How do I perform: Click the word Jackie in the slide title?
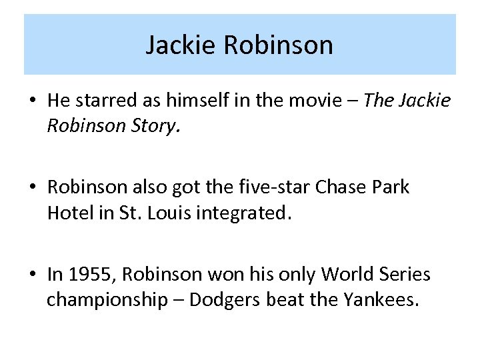click(x=181, y=45)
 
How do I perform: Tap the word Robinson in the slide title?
click(x=278, y=45)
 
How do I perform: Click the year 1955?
click(x=85, y=274)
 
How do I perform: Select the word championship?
click(x=107, y=301)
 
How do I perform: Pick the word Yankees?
click(x=382, y=301)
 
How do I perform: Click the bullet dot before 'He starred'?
click(x=33, y=101)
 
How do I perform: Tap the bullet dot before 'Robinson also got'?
click(x=33, y=188)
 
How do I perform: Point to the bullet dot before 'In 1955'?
click(x=33, y=275)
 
